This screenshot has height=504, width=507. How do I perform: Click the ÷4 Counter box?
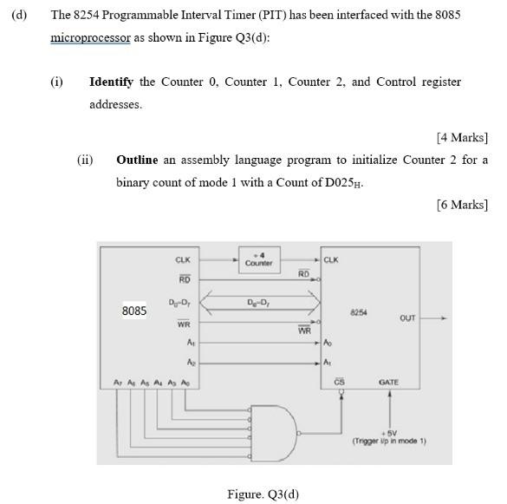(259, 259)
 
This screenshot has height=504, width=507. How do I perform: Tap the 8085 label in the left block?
(134, 311)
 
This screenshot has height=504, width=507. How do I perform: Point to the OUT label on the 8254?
(407, 318)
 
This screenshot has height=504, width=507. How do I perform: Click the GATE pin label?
(389, 382)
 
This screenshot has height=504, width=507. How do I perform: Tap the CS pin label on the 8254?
(340, 382)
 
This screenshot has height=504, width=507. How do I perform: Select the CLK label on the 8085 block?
(183, 259)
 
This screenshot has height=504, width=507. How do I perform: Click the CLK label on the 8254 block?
(331, 259)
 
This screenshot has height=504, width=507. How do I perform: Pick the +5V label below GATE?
(389, 433)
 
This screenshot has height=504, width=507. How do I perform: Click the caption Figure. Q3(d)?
(263, 494)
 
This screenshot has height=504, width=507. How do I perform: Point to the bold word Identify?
(111, 82)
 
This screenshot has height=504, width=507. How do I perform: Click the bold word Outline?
(137, 160)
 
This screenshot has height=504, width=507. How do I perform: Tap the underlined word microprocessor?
(90, 38)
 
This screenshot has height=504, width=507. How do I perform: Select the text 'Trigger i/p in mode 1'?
(389, 442)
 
